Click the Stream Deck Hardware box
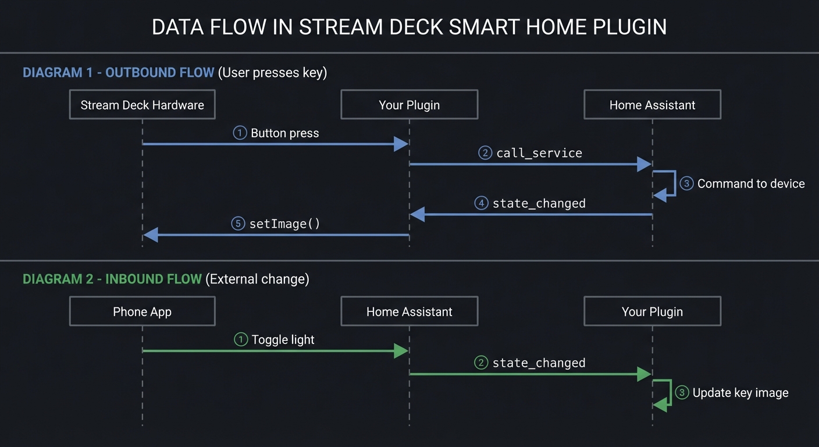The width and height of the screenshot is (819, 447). coord(142,105)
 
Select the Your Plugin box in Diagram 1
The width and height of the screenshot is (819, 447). coord(409,105)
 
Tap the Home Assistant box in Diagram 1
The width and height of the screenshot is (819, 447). coord(652,105)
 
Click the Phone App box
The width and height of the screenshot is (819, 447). coord(142,311)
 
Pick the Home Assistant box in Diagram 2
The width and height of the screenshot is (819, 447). coord(409,311)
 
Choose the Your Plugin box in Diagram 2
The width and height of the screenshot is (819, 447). coord(652,311)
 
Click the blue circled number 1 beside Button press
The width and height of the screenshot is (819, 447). coord(240,133)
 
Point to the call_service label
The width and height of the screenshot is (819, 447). coord(539,153)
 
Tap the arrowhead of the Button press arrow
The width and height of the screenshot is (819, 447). coord(401,144)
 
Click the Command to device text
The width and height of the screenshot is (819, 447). coord(750,183)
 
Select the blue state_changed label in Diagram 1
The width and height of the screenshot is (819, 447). coord(539,203)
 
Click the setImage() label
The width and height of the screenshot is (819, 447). coord(284,223)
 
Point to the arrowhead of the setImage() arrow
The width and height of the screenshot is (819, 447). coord(151,235)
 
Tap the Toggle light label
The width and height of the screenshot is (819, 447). coord(283,339)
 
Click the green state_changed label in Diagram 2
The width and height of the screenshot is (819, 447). coord(539,363)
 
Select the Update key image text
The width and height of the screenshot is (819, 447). coord(740,393)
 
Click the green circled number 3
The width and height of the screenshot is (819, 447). coord(682,393)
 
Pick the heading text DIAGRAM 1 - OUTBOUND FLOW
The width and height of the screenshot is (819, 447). coord(118,73)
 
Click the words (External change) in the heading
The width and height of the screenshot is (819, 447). coord(257,279)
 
